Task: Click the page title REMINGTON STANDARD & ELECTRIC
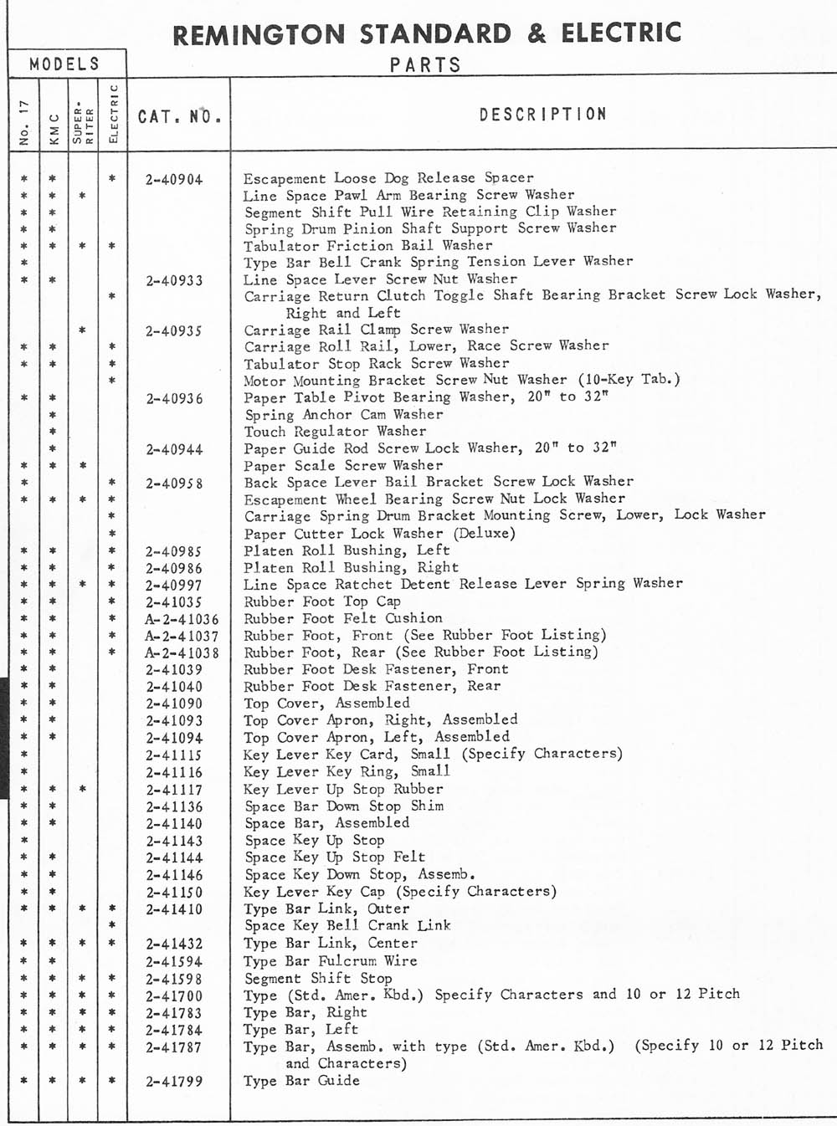pyautogui.click(x=427, y=33)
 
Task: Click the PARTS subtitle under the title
pyautogui.click(x=425, y=65)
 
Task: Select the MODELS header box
pyautogui.click(x=64, y=64)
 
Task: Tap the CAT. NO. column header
pyautogui.click(x=179, y=116)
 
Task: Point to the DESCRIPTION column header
pyautogui.click(x=542, y=114)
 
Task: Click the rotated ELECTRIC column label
pyautogui.click(x=113, y=114)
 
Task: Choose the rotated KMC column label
pyautogui.click(x=53, y=130)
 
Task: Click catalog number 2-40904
pyautogui.click(x=174, y=179)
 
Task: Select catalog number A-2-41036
pyautogui.click(x=181, y=619)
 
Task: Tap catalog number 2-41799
pyautogui.click(x=174, y=1081)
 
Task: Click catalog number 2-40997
pyautogui.click(x=174, y=585)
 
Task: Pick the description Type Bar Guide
pyautogui.click(x=301, y=1081)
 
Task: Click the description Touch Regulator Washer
pyautogui.click(x=335, y=432)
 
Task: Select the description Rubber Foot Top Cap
pyautogui.click(x=322, y=601)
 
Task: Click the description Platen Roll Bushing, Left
pyautogui.click(x=347, y=550)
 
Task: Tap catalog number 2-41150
pyautogui.click(x=174, y=892)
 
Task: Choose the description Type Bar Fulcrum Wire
pyautogui.click(x=330, y=961)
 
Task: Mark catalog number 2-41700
pyautogui.click(x=174, y=995)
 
